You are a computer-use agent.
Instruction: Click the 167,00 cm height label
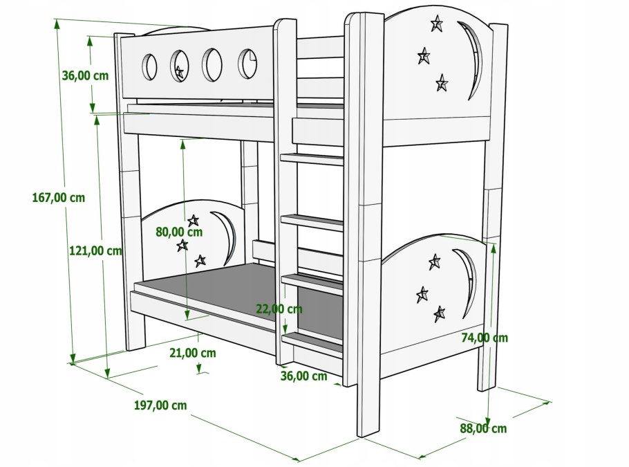tap(58, 197)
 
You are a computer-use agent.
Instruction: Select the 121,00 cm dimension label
tap(95, 250)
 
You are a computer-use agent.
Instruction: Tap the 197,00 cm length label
tap(160, 405)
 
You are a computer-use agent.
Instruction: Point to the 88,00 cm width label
tap(483, 428)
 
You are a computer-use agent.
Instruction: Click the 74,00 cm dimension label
tap(485, 338)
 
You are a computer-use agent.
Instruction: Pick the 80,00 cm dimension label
tap(179, 232)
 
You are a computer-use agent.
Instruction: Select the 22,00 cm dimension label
tap(279, 309)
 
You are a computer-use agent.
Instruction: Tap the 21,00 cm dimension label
tap(192, 353)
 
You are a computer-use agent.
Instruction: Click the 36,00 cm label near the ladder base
tap(303, 376)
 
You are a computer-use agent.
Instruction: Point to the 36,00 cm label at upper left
tap(85, 76)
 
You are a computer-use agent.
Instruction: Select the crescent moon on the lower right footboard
tap(467, 280)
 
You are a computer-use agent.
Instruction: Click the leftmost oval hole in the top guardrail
tap(149, 66)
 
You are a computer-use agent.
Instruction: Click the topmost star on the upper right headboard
tap(437, 25)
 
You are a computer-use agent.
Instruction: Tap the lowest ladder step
tap(312, 341)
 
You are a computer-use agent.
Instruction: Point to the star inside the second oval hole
tap(180, 71)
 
